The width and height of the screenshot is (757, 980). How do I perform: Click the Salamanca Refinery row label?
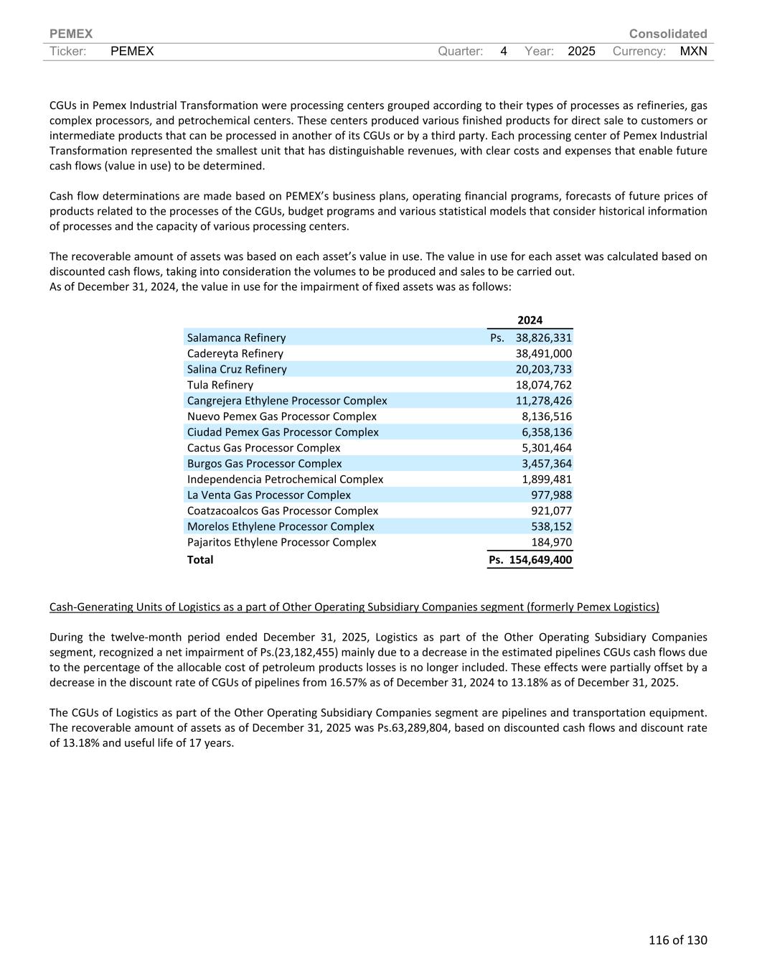[236, 337]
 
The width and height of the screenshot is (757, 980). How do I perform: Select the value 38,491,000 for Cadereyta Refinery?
[543, 353]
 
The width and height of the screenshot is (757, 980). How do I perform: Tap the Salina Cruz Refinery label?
[237, 369]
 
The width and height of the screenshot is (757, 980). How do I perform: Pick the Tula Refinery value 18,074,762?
[543, 385]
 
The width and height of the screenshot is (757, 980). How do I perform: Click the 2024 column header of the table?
[530, 320]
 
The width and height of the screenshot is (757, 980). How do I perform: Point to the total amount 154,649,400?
[540, 559]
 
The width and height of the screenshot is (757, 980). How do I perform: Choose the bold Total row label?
[200, 559]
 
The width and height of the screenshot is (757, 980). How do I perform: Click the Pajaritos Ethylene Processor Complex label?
[281, 542]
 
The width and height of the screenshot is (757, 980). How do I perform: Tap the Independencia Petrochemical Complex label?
[285, 479]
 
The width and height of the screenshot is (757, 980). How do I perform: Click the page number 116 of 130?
[677, 940]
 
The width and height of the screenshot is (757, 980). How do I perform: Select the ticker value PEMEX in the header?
[132, 51]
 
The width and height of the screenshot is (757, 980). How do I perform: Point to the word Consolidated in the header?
[667, 34]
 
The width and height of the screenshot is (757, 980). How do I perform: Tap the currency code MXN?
[693, 51]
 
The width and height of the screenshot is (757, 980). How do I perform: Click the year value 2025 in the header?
[581, 51]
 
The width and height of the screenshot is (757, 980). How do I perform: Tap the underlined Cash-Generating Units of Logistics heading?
[354, 607]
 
